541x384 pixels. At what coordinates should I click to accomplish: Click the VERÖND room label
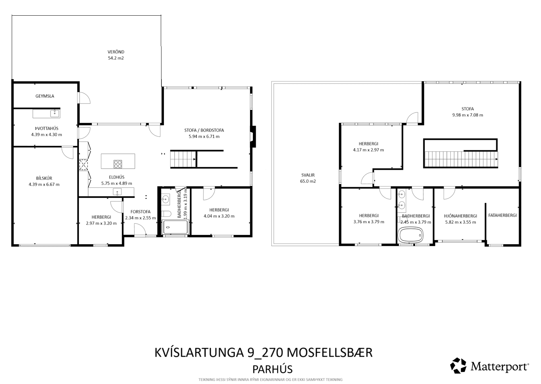tap(116, 52)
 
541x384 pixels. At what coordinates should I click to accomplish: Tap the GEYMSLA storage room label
tap(45, 96)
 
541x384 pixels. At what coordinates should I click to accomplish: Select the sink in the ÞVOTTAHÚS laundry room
tap(55, 113)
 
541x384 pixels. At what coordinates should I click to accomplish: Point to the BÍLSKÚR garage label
tap(44, 178)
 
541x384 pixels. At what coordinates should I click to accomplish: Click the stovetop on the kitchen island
tap(118, 164)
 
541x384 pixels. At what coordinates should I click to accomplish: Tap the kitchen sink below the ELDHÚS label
tap(117, 192)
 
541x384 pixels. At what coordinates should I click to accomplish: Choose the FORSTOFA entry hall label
tap(140, 212)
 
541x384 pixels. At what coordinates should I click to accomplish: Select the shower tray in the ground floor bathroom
tap(176, 227)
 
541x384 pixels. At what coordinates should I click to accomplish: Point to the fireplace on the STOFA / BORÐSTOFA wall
tap(253, 137)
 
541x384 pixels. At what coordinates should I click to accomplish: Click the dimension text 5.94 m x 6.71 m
tap(204, 137)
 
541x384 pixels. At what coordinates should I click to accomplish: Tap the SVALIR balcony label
tap(308, 175)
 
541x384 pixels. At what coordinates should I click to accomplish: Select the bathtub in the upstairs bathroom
tap(410, 235)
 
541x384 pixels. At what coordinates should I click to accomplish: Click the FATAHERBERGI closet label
tap(502, 215)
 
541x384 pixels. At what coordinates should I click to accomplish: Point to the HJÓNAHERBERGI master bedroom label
tap(461, 216)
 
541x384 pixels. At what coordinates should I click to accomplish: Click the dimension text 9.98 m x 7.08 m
tap(468, 115)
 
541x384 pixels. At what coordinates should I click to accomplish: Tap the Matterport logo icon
tap(458, 365)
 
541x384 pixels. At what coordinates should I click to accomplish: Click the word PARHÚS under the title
tap(272, 369)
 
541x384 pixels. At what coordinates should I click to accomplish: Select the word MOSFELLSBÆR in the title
tap(330, 353)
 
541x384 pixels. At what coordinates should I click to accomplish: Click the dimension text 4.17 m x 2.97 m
tap(368, 150)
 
